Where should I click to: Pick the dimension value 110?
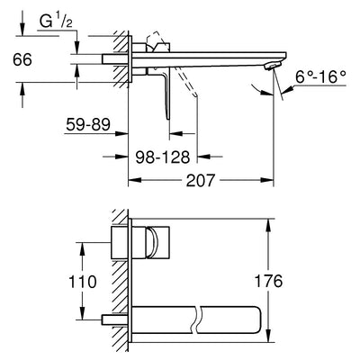tap(84, 283)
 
